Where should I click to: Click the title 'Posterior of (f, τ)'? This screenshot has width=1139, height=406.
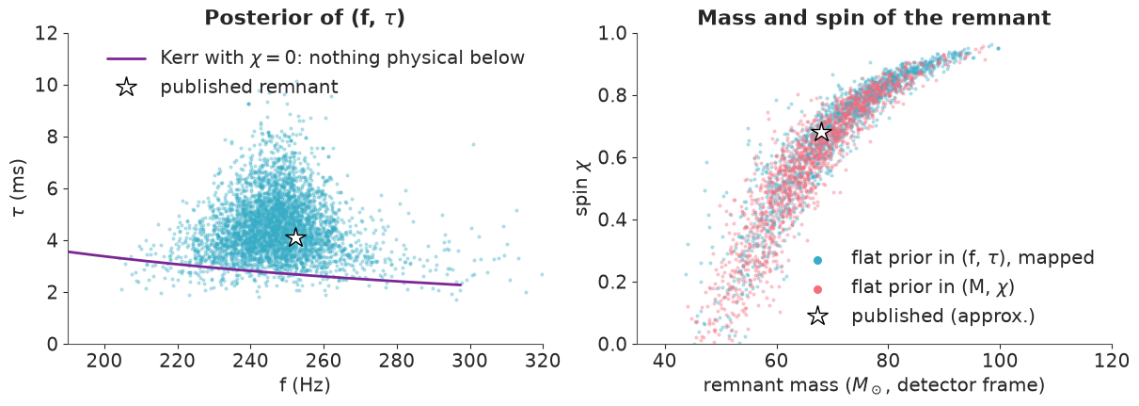[x=305, y=18]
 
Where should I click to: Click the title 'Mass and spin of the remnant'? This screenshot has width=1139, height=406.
[x=874, y=18]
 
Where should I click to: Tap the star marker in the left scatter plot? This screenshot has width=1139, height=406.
[x=296, y=238]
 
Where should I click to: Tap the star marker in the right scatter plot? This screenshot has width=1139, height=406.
[x=821, y=133]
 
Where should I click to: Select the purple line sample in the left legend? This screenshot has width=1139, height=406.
[x=126, y=59]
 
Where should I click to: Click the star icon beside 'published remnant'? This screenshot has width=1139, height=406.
[x=126, y=87]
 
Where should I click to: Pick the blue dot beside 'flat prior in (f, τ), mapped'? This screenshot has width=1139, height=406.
[x=817, y=260]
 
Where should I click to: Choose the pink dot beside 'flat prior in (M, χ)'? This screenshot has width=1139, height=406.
[x=817, y=289]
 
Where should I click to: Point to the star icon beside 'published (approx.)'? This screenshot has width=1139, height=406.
[x=817, y=317]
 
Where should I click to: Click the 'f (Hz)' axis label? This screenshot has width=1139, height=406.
[x=305, y=385]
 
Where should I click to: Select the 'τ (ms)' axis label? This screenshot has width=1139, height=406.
[x=18, y=188]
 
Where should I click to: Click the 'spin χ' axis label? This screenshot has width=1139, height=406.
[x=583, y=188]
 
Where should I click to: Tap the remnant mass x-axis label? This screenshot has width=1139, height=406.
[x=874, y=385]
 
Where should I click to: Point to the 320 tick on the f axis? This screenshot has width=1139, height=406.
[x=543, y=361]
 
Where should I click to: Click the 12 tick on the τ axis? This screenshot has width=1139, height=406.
[x=46, y=34]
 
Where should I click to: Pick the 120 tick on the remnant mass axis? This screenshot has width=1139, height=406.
[x=1112, y=361]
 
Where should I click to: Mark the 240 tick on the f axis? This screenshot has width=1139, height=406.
[x=251, y=361]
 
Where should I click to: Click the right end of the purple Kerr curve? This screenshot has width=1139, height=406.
[x=461, y=284]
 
